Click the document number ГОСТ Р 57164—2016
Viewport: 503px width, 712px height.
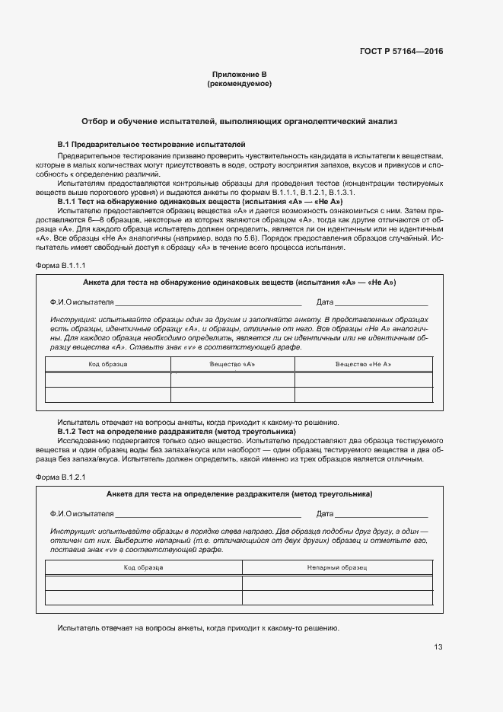point(401,52)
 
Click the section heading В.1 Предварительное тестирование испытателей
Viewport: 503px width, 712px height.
point(151,144)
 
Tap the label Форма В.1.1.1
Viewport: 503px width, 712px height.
point(61,266)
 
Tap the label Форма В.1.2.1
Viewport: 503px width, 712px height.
point(61,477)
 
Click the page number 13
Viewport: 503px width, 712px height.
point(438,647)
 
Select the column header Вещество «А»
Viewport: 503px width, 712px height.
point(232,365)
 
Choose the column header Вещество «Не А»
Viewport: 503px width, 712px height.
point(364,365)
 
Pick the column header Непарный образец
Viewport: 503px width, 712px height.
point(337,567)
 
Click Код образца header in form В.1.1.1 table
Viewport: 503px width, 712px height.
point(107,365)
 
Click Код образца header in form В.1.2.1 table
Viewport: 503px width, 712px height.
point(143,567)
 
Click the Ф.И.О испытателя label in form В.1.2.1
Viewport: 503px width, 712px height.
point(81,514)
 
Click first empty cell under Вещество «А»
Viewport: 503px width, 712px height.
point(232,380)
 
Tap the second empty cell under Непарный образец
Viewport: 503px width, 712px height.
point(337,598)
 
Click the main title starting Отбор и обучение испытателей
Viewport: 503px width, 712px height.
point(239,121)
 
